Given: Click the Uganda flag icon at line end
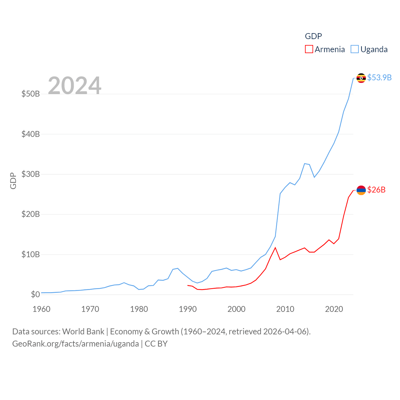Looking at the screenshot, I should point(361,78).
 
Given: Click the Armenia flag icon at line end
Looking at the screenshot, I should point(361,190).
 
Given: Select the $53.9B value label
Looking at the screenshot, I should point(379,77).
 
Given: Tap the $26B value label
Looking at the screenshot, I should point(376,190).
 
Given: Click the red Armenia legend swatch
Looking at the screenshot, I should point(309,49).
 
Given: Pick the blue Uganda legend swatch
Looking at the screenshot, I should point(354,49).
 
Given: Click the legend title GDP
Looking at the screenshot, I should point(313,36).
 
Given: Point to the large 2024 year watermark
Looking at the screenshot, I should point(74,85).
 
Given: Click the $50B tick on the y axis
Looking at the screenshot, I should point(30,94).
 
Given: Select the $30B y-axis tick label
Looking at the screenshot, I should point(30,174).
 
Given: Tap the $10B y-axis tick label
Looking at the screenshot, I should point(30,254).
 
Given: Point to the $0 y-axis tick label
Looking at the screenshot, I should point(35,294).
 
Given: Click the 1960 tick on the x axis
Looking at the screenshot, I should point(42,309).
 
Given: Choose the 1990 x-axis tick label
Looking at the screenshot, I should point(188,309).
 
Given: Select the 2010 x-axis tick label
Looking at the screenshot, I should point(285,309).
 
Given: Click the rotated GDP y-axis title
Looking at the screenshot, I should point(13,181).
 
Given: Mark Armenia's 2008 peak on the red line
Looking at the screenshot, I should point(275,248).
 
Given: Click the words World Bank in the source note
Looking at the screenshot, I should point(83,332).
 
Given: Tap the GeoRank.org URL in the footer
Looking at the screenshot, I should point(75,344).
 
